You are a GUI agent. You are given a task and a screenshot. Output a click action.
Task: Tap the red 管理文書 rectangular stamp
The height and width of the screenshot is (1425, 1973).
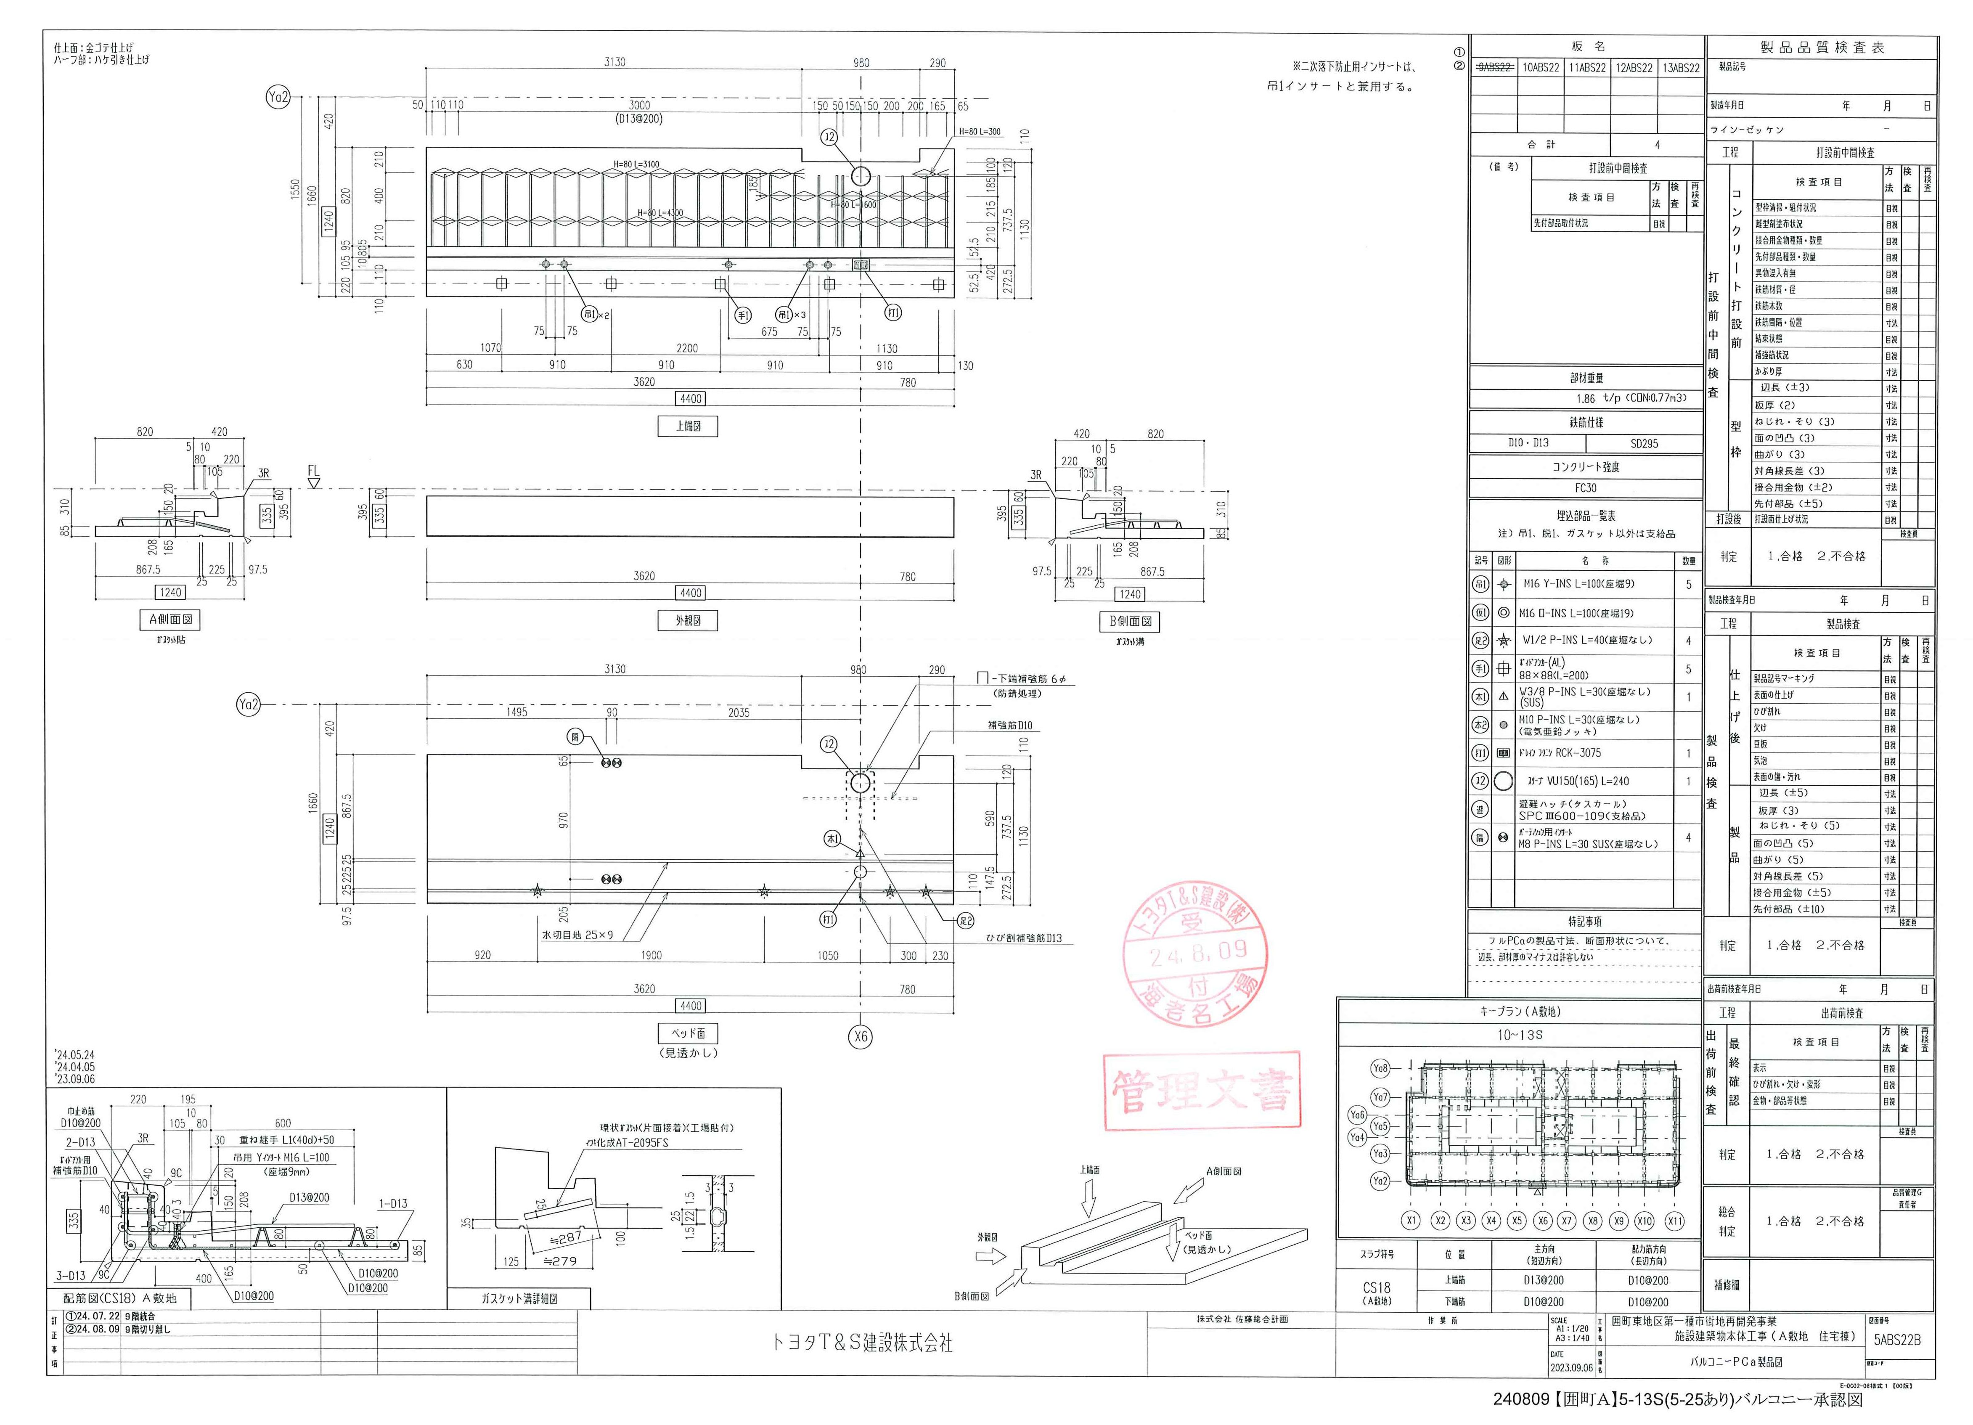point(1202,1091)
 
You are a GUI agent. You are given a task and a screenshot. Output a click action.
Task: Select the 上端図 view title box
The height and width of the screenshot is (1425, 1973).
point(687,426)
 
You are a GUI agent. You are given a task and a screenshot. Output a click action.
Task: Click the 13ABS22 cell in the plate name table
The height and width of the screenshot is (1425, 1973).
point(1681,68)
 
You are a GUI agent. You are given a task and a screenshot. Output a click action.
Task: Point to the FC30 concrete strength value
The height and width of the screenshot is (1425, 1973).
point(1585,488)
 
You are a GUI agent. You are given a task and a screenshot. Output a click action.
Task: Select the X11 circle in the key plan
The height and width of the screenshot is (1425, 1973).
point(1675,1221)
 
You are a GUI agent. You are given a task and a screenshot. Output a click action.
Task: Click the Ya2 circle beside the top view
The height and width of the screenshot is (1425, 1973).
point(278,98)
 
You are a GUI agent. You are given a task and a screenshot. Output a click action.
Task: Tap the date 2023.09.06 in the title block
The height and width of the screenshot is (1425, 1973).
point(1571,1367)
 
